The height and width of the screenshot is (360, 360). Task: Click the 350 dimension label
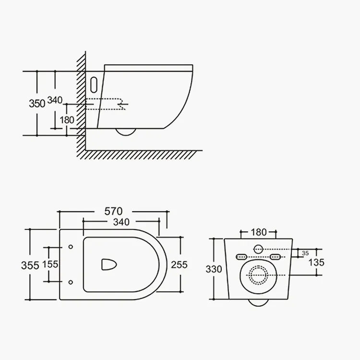click(37, 104)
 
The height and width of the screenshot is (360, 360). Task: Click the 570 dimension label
click(113, 211)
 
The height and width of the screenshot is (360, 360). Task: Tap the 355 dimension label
click(30, 265)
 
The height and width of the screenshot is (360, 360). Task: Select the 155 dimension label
click(50, 264)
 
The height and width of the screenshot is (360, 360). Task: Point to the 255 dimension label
click(180, 264)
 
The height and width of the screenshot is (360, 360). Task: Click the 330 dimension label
click(214, 269)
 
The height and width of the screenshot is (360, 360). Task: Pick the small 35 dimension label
click(305, 253)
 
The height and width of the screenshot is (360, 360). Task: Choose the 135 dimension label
click(316, 263)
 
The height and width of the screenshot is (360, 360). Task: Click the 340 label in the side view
click(55, 100)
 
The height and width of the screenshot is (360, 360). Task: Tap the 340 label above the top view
click(121, 222)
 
